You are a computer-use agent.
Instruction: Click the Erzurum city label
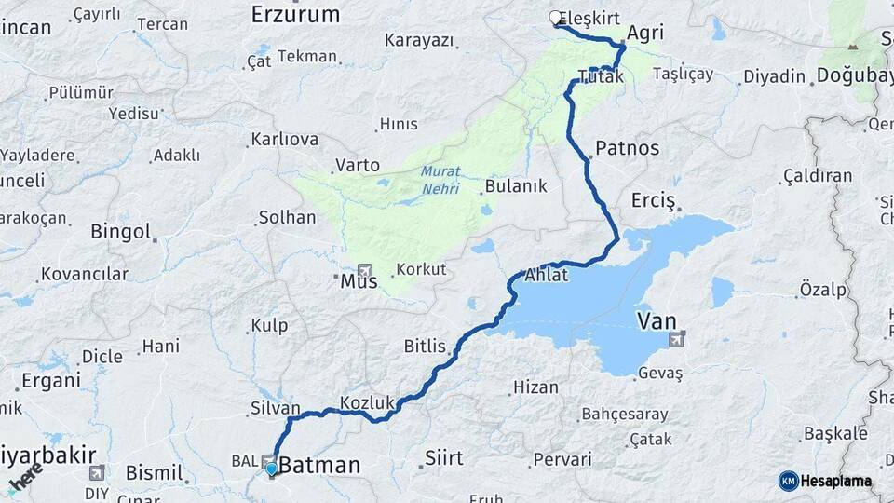295,14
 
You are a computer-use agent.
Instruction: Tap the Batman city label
319,464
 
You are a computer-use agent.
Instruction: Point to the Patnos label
627,148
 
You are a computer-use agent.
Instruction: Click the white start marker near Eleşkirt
556,18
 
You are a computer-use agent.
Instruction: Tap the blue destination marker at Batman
271,470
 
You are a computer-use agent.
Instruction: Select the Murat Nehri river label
440,179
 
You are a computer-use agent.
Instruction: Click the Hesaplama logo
825,481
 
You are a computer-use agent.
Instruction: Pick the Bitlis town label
425,347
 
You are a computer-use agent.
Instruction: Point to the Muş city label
359,280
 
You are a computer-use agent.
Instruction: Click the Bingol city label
120,231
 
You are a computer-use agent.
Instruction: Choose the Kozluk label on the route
369,402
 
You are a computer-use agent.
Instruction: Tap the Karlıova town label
284,140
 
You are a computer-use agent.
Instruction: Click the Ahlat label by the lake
547,276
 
